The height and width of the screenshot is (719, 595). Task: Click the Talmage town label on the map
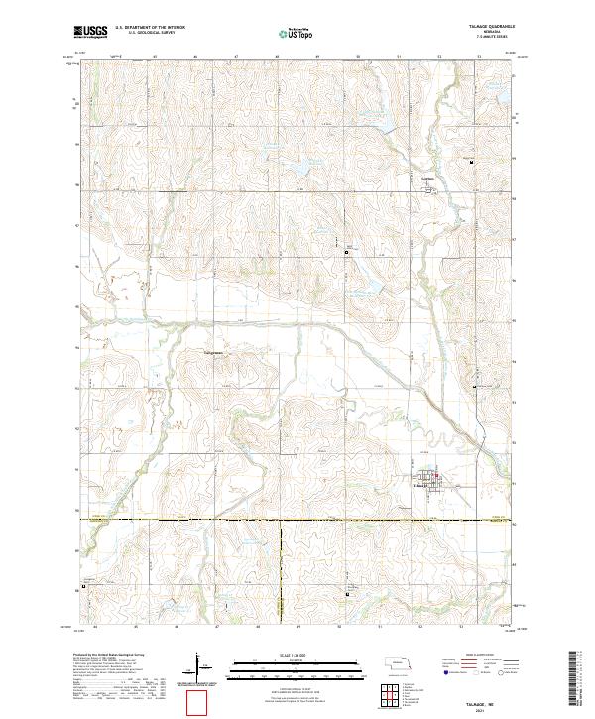tap(419, 485)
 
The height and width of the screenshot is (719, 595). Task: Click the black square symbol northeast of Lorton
tap(471, 162)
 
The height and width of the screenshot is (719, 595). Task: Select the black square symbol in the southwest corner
tap(84, 585)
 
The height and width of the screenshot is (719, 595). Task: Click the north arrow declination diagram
tap(201, 665)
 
